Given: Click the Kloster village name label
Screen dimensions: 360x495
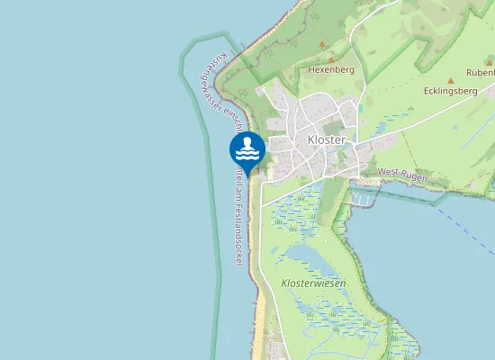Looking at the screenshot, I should point(328,139).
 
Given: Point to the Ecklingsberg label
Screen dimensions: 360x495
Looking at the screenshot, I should point(450,91).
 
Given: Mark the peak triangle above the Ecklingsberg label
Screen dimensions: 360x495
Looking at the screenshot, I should point(451,80).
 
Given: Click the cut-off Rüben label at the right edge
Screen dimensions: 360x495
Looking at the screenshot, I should point(481,72).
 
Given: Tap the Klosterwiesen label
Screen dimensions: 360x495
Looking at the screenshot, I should point(313,283).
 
